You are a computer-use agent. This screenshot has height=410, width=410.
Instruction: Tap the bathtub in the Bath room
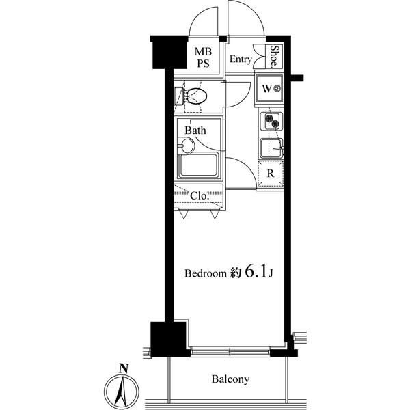click(198, 165)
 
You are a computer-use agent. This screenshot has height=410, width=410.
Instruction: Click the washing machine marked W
click(269, 89)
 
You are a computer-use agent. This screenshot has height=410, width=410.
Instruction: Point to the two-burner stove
click(271, 122)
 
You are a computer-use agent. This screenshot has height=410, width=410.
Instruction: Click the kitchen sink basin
click(271, 148)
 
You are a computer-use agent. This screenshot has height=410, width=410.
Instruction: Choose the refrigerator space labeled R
click(271, 173)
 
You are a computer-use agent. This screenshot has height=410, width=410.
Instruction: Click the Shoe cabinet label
click(274, 56)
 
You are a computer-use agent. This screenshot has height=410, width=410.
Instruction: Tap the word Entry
click(241, 59)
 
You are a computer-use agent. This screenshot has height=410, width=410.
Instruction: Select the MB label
click(203, 51)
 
